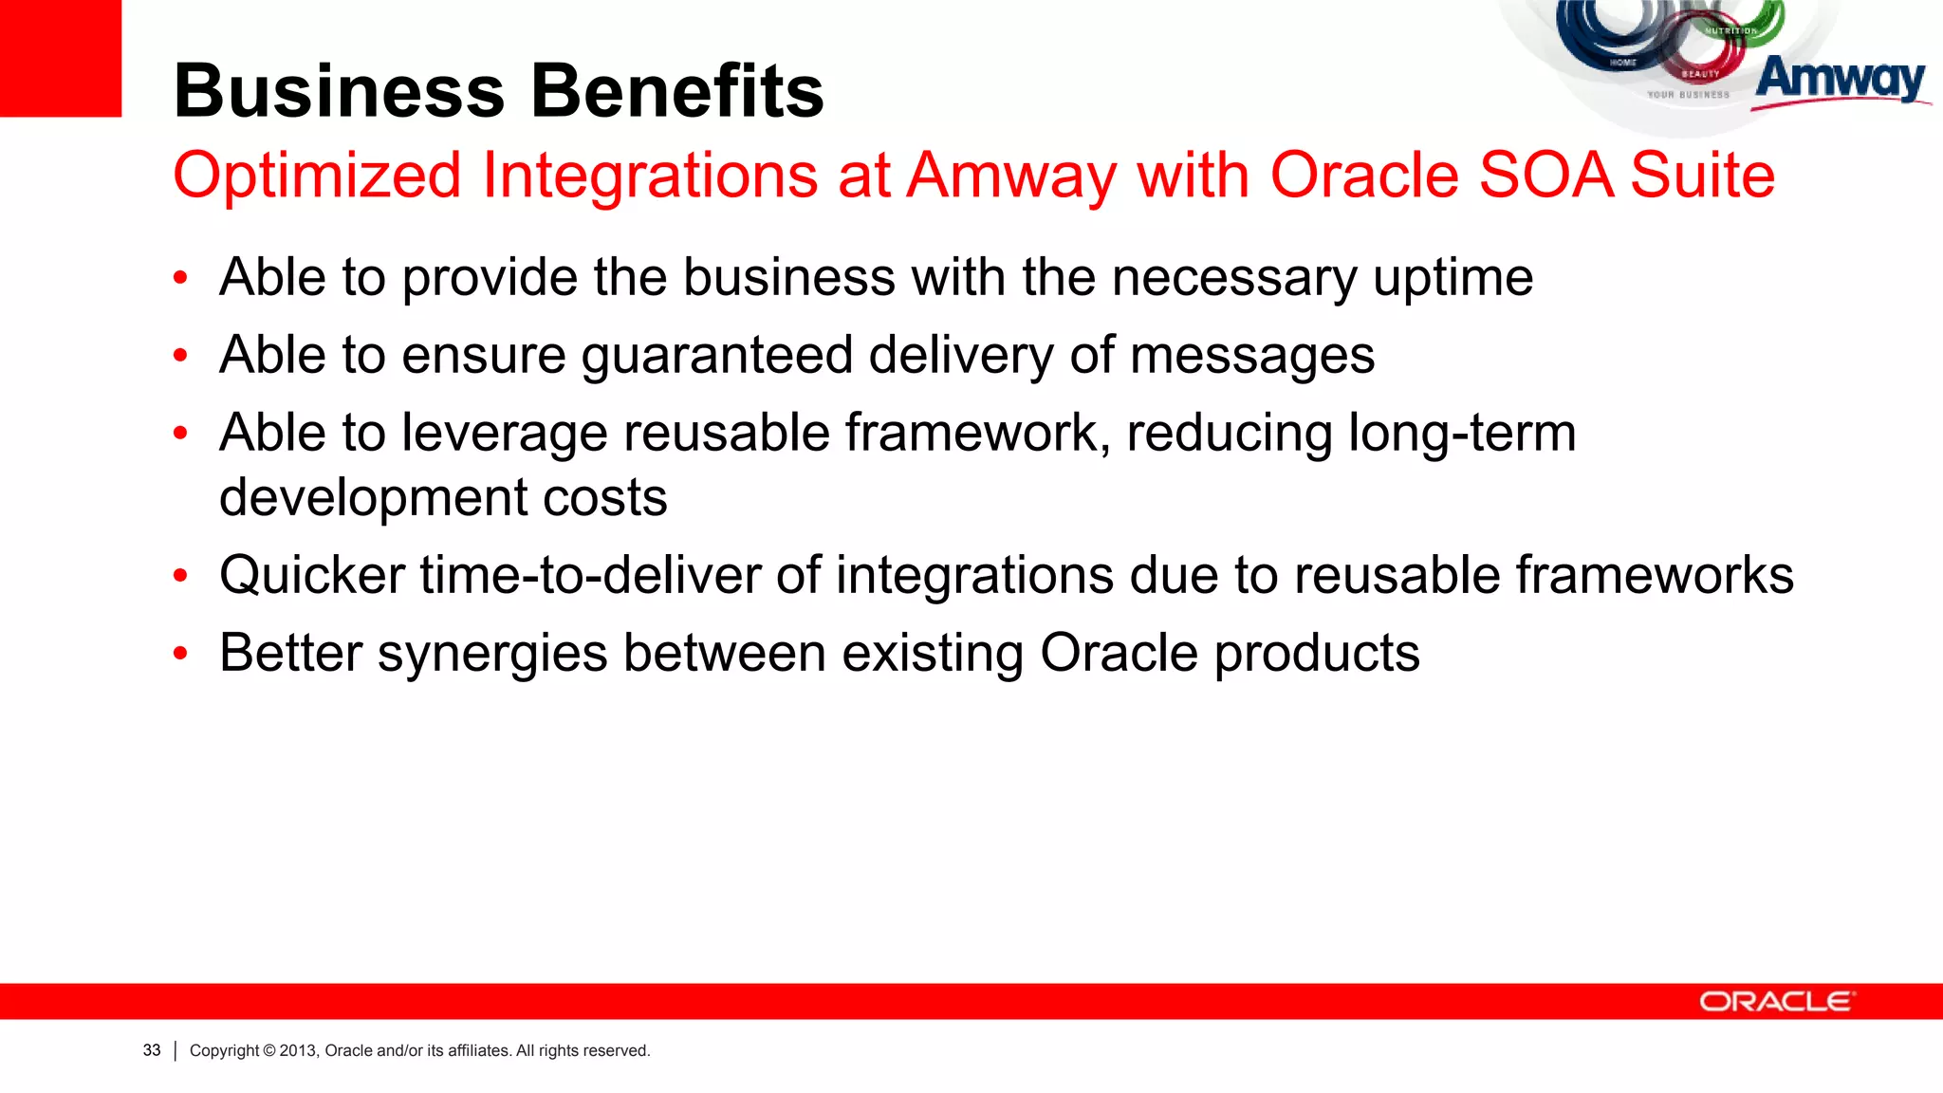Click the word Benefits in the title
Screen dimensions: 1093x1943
tap(677, 91)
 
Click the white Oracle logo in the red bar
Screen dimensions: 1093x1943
tap(1775, 1002)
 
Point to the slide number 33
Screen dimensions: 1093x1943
tap(152, 1050)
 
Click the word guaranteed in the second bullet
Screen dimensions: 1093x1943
tap(717, 356)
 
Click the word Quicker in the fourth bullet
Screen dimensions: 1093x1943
tap(312, 576)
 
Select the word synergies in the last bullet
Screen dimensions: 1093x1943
tap(492, 655)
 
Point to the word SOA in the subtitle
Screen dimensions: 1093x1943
tap(1545, 176)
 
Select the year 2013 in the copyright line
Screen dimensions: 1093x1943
tap(297, 1050)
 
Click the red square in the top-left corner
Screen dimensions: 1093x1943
tap(60, 57)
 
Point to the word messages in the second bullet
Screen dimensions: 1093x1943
tap(1252, 356)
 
